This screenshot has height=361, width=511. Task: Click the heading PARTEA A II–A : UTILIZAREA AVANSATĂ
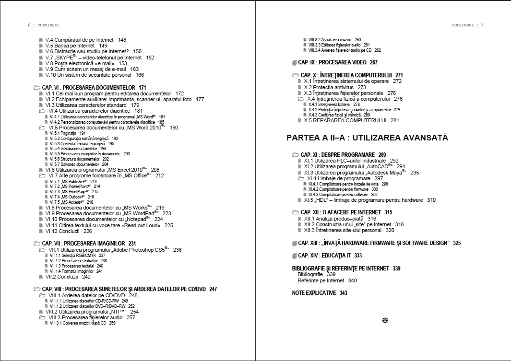(367, 138)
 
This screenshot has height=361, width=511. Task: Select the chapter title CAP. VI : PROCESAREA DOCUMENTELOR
(89, 87)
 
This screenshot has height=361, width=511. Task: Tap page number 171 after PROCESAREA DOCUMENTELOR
(142, 87)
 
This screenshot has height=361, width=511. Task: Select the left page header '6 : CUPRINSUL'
(44, 25)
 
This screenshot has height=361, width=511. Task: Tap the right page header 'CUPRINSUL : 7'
(467, 25)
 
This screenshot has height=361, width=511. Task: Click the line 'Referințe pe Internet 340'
(327, 280)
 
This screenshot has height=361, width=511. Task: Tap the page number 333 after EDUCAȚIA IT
(358, 256)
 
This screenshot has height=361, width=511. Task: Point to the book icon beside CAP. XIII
(295, 244)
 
